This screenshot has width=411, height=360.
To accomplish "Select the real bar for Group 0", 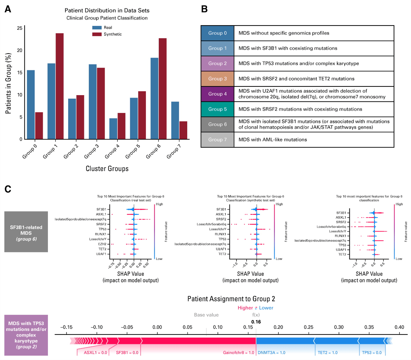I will coord(30,105).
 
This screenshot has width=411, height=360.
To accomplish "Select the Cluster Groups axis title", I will coord(107,169).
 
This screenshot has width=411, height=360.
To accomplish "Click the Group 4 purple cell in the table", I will coord(217,94).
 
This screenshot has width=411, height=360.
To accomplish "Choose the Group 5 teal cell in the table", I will coord(217,109).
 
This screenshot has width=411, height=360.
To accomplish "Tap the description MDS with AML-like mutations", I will coord(273,140).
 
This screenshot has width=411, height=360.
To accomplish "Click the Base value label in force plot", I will coord(206,315).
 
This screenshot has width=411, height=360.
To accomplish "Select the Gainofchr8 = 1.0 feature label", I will coord(239,353).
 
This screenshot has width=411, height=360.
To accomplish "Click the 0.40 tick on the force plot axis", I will coord(399,327).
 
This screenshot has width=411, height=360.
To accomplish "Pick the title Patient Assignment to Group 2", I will coord(231,299).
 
